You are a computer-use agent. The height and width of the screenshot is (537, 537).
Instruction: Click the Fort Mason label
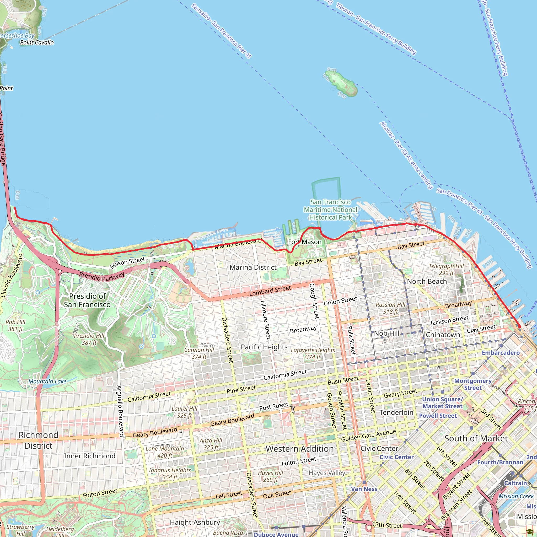(x=305, y=242)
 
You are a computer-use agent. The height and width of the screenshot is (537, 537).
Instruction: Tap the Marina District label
(x=253, y=267)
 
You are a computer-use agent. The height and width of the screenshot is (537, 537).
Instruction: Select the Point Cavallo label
(x=37, y=42)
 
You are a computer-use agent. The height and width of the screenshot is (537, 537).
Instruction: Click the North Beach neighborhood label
(x=427, y=282)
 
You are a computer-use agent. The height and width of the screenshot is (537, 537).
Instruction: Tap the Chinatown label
(x=443, y=335)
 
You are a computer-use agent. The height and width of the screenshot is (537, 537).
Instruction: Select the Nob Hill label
(x=387, y=333)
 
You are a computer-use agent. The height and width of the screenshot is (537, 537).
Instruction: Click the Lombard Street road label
(x=270, y=291)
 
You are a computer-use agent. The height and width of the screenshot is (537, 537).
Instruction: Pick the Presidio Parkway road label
(x=102, y=277)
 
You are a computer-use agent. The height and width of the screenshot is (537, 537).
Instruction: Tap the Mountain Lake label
(x=47, y=381)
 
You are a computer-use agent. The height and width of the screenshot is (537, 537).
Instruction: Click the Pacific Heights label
(x=264, y=347)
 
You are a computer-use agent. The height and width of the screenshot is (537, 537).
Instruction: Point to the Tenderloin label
(x=396, y=412)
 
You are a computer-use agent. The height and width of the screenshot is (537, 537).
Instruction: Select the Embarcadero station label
(x=501, y=353)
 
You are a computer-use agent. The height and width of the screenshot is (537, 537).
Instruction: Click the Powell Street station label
(x=438, y=416)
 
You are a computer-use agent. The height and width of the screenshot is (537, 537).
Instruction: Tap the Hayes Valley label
(x=327, y=473)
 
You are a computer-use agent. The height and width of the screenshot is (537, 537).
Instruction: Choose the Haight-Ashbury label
(x=195, y=522)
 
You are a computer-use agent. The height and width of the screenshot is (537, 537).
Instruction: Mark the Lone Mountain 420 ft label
(x=165, y=452)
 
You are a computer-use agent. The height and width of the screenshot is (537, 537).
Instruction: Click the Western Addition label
(x=300, y=449)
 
